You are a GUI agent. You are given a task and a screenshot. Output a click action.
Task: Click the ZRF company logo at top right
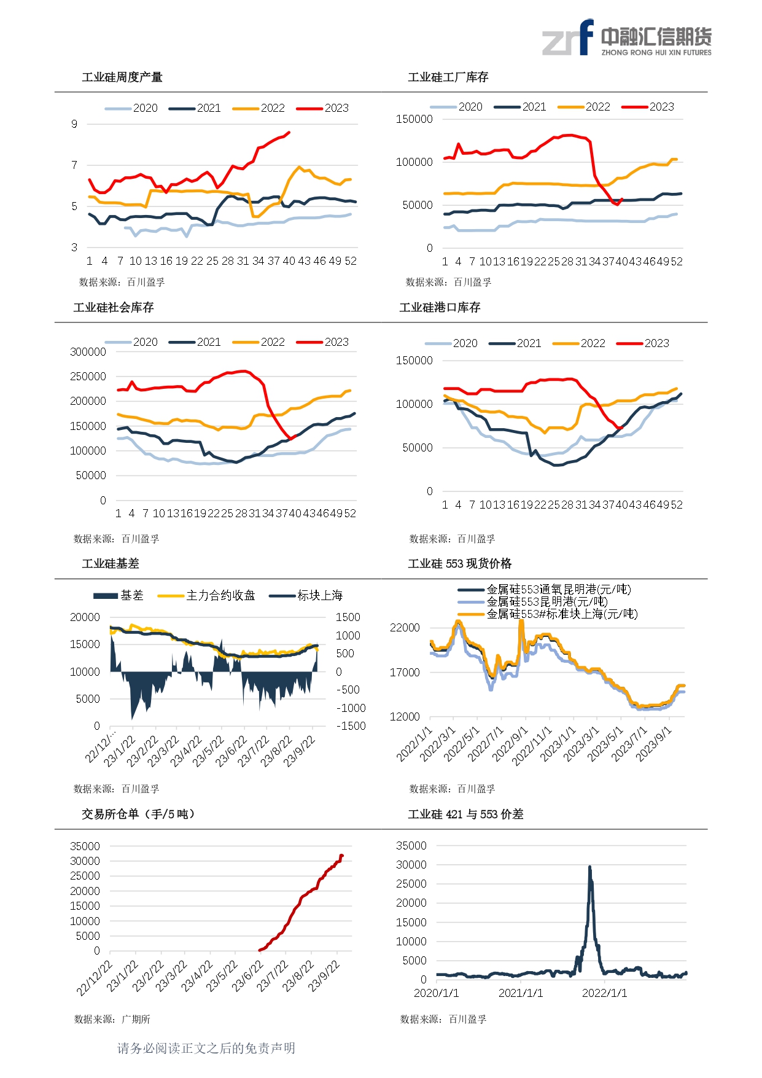pyautogui.click(x=626, y=38)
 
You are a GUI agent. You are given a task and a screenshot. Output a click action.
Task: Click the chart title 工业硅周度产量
pyautogui.click(x=122, y=77)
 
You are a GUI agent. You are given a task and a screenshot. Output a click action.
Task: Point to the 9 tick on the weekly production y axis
pyautogui.click(x=74, y=124)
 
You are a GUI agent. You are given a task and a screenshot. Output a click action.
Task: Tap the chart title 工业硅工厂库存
pyautogui.click(x=448, y=77)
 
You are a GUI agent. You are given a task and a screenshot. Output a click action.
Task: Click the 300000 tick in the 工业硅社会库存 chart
pyautogui.click(x=88, y=352)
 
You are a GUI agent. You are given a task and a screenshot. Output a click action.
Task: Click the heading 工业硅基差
pyautogui.click(x=111, y=564)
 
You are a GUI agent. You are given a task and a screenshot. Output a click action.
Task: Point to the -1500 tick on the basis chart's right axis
pyautogui.click(x=351, y=726)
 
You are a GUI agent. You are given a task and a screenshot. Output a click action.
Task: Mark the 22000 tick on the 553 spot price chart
pyautogui.click(x=405, y=628)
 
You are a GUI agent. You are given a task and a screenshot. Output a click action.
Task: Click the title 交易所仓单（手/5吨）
pyautogui.click(x=138, y=814)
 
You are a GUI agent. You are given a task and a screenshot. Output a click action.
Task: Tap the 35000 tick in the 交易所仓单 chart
pyautogui.click(x=85, y=846)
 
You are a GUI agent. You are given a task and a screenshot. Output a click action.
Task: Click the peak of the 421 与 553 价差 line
pyautogui.click(x=589, y=867)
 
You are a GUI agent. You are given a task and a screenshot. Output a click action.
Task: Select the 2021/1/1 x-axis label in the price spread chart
pyautogui.click(x=521, y=993)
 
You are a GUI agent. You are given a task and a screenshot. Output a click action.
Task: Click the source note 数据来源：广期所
pyautogui.click(x=112, y=1019)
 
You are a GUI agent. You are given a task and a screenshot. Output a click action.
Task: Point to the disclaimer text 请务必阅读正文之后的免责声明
pyautogui.click(x=206, y=1049)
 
